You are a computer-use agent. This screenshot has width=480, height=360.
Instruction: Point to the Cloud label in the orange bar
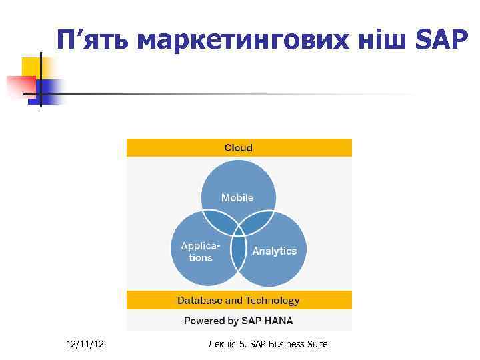tap(239, 147)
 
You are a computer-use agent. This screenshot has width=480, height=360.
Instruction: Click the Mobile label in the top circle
tap(237, 197)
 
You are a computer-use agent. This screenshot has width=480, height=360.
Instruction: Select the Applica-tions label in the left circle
tap(201, 251)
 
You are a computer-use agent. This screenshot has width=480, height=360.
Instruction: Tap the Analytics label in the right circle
tap(274, 251)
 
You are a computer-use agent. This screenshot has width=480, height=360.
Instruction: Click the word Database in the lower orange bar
tap(199, 301)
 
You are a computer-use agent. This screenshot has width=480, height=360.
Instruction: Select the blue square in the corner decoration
tap(49, 89)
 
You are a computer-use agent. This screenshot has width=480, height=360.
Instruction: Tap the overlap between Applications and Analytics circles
tap(238, 253)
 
